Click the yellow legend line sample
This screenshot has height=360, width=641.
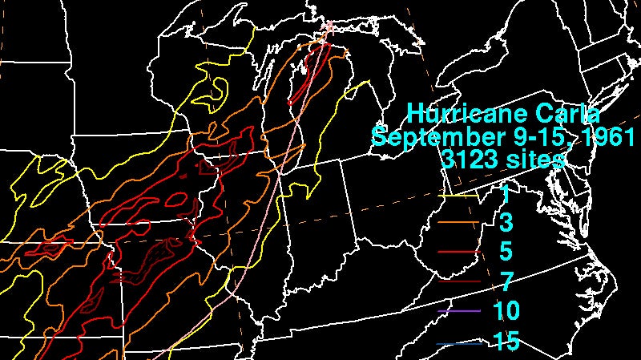click(460, 193)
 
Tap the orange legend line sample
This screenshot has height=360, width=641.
click(460, 222)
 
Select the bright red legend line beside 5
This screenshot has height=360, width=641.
click(460, 252)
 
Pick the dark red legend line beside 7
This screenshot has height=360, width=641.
click(460, 281)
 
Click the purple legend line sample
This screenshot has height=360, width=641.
click(460, 311)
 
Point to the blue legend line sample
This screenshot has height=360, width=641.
click(460, 342)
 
